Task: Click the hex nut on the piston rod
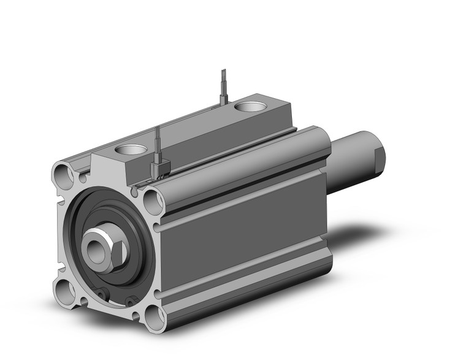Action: pyautogui.click(x=112, y=249)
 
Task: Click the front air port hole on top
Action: pyautogui.click(x=131, y=149)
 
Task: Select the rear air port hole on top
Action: pyautogui.click(x=250, y=107)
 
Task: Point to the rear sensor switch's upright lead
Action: pyautogui.click(x=223, y=86)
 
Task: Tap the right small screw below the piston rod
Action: pyautogui.click(x=131, y=300)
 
